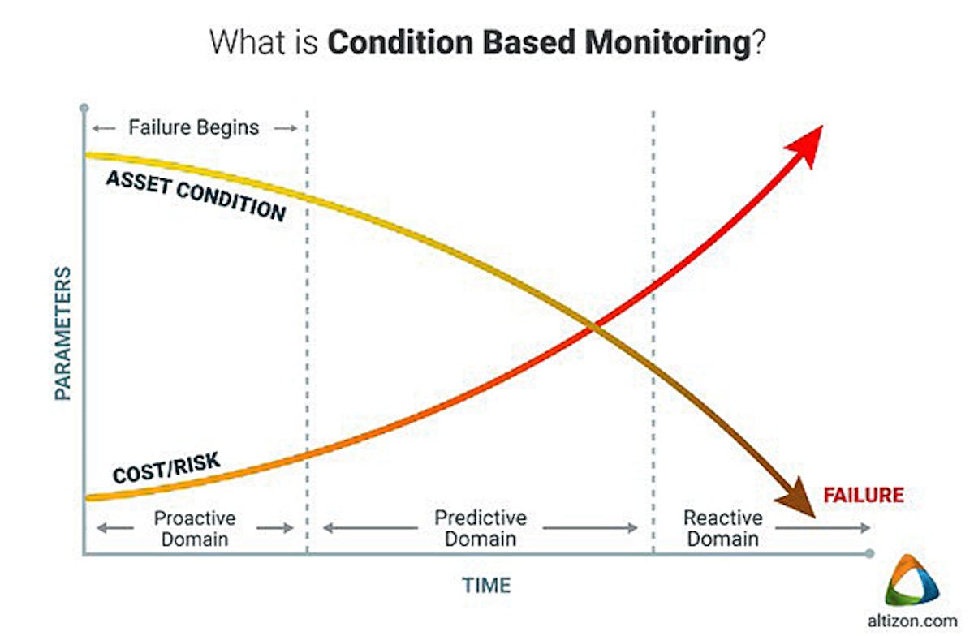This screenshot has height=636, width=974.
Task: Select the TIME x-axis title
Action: [x=487, y=585]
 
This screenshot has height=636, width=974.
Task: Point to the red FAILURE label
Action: [x=863, y=495]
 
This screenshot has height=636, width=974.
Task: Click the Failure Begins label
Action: [x=194, y=127]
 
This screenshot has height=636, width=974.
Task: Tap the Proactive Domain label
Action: [x=195, y=528]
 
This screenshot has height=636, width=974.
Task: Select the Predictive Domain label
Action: [x=481, y=528]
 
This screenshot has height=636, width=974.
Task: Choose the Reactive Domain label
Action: [x=722, y=528]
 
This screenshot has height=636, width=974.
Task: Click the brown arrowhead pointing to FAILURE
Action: [x=797, y=497]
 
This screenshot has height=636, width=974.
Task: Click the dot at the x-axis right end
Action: [x=870, y=554]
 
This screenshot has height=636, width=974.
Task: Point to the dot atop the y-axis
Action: [x=83, y=107]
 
